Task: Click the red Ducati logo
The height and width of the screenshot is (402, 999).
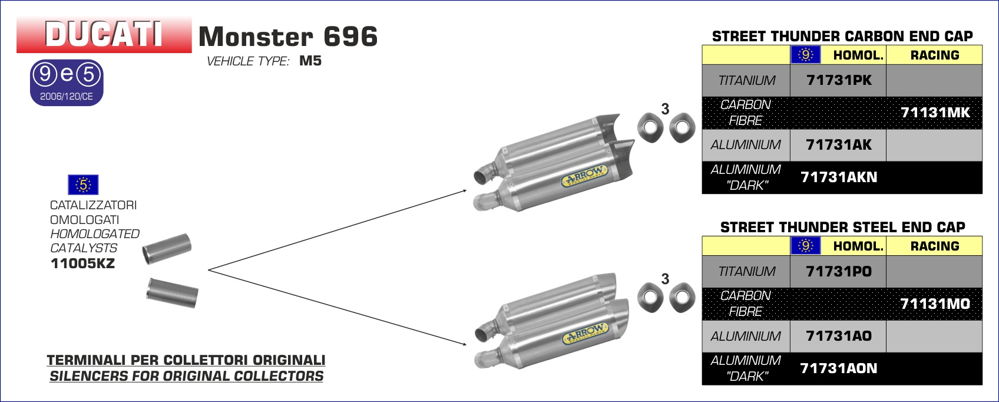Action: (x=104, y=34)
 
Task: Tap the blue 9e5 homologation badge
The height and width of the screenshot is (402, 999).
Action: (x=67, y=83)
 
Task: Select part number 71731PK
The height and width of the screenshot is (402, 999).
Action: (x=839, y=80)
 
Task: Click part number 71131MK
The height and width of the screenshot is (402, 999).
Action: (x=935, y=113)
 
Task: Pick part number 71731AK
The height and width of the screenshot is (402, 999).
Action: (x=839, y=144)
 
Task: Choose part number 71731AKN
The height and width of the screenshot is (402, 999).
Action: (x=839, y=177)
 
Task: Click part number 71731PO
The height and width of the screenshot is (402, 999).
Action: (x=839, y=271)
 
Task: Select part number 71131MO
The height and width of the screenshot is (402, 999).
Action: (x=935, y=304)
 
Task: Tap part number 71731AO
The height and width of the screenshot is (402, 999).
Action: (x=839, y=335)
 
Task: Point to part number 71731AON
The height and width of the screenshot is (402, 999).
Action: (x=839, y=368)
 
